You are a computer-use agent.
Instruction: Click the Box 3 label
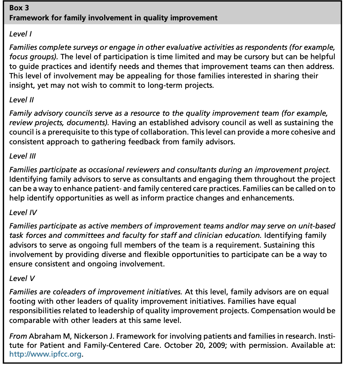pyautogui.click(x=19, y=8)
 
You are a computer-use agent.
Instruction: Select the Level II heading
pyautogui.click(x=22, y=100)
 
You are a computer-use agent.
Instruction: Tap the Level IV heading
pyautogui.click(x=23, y=212)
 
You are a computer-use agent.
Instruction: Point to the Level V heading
pyautogui.click(x=22, y=278)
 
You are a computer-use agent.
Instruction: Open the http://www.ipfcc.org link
pyautogui.click(x=46, y=354)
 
